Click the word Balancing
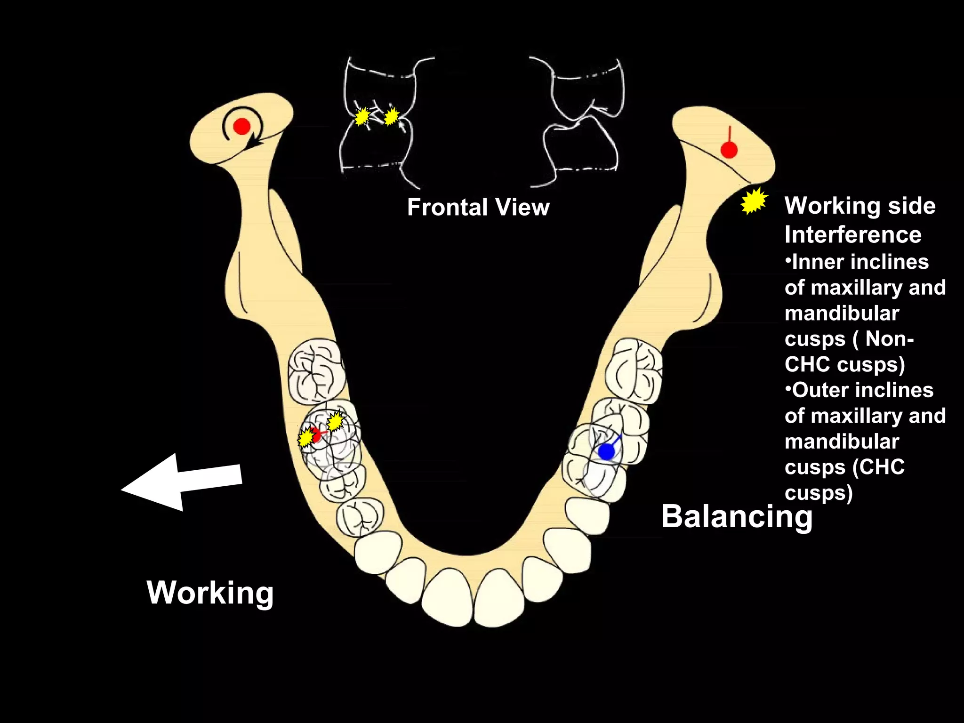point(737,516)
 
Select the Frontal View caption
point(478,207)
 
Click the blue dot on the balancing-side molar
point(606,452)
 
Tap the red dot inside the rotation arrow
point(242,126)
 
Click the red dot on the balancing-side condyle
point(729,151)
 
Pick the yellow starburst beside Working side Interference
point(754,201)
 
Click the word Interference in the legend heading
point(853,234)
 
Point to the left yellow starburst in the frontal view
point(361,116)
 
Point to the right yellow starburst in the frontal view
point(391,116)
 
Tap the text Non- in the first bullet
point(890,338)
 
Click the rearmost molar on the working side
point(316,371)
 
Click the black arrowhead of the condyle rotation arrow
point(255,141)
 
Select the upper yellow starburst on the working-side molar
point(335,421)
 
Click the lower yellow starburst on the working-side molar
point(306,438)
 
